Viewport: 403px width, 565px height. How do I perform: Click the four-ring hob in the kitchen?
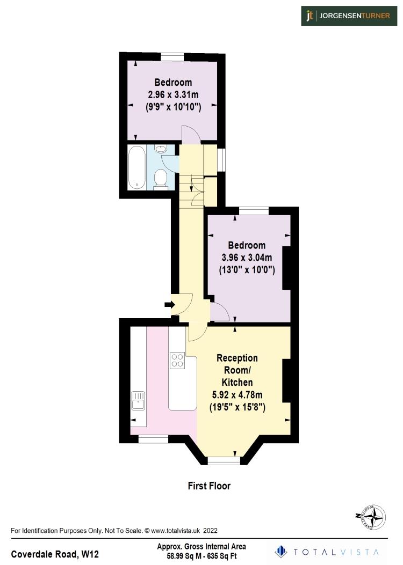point(177,360)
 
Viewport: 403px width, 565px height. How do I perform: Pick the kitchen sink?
point(138,400)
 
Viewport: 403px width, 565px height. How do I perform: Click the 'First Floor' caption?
point(209,486)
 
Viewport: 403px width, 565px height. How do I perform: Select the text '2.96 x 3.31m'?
point(173,94)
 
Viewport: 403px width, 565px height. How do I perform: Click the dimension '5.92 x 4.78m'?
point(237,395)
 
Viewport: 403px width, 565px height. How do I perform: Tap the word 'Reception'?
point(237,358)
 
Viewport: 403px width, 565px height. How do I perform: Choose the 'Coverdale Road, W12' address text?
point(55,553)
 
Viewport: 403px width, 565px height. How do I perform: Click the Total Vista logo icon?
point(280,551)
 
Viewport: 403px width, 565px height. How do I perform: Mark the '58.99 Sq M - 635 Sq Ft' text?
point(201,556)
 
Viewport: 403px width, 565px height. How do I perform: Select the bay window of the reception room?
point(224,460)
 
